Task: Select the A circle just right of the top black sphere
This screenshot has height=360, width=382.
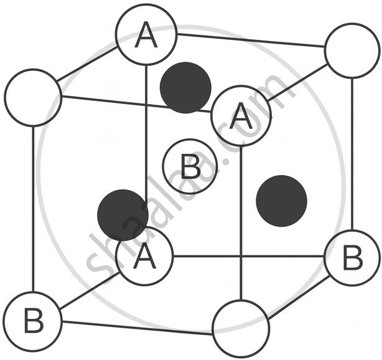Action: click(x=241, y=116)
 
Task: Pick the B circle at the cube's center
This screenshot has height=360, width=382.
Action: click(x=190, y=166)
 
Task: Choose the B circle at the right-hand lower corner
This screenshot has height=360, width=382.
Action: click(x=352, y=256)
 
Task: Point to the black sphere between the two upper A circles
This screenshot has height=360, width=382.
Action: click(x=185, y=88)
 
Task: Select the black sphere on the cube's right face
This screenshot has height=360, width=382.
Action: click(x=281, y=201)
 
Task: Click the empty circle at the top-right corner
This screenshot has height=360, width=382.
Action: click(x=352, y=50)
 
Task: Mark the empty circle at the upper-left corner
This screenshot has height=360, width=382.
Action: click(x=33, y=97)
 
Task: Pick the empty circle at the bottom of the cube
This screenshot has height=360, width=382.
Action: click(x=241, y=328)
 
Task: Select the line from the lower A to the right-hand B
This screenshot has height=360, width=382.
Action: click(x=249, y=256)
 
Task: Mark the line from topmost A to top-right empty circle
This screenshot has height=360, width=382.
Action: click(x=249, y=41)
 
